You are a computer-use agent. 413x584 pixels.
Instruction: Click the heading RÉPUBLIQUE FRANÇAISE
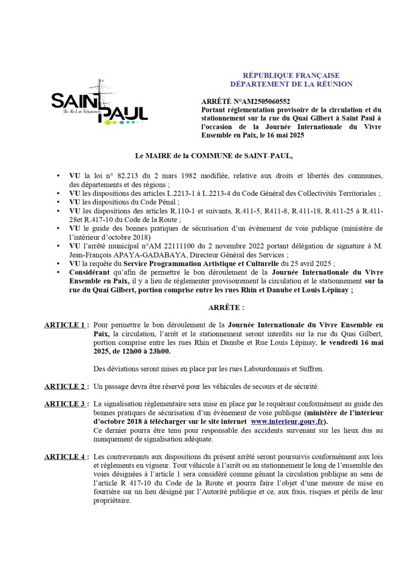(291, 75)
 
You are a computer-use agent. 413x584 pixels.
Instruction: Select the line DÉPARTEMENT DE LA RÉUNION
(291, 84)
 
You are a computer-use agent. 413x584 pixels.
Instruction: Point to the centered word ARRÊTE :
(226, 307)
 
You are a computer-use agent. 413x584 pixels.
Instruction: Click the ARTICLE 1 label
(65, 325)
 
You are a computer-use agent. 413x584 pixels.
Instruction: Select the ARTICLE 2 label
(65, 386)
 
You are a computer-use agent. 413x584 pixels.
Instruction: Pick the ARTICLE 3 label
(65, 404)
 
